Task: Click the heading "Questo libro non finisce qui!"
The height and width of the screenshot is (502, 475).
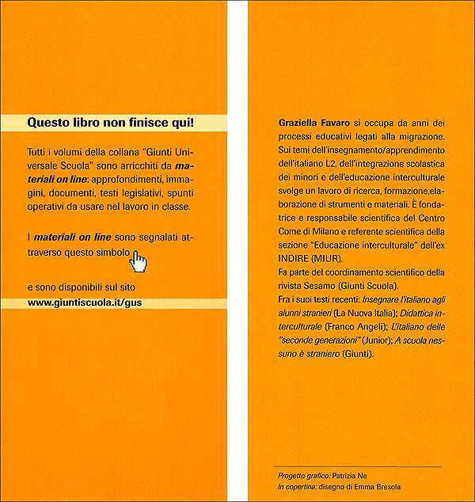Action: pyautogui.click(x=110, y=123)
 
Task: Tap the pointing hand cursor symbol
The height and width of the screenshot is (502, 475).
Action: pyautogui.click(x=139, y=262)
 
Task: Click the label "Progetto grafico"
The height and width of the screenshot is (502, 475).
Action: pyautogui.click(x=296, y=475)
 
